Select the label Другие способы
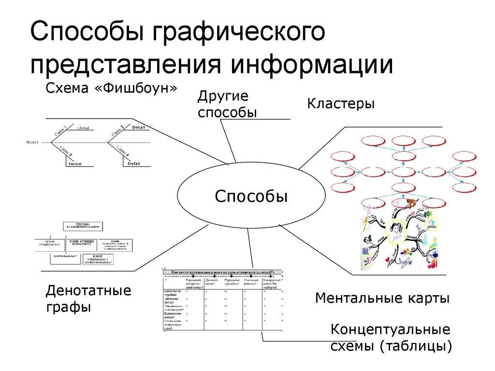pos(227,104)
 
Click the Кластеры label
pos(341,103)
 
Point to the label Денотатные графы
pos(88,299)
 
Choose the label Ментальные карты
pos(382,298)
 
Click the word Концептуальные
pos(390,330)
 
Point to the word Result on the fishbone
pos(33,142)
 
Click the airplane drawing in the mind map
pos(406,263)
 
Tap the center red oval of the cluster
pos(404,171)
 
